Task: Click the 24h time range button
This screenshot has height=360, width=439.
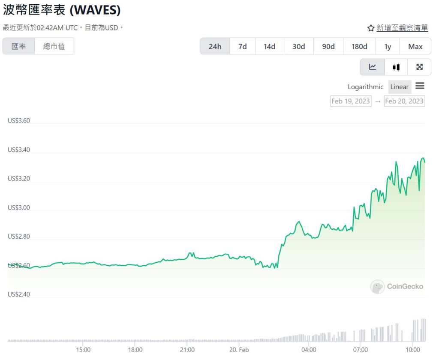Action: click(x=215, y=46)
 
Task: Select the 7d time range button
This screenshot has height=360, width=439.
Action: click(x=243, y=46)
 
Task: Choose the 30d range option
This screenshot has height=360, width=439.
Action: click(x=299, y=46)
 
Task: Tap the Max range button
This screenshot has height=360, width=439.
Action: click(x=415, y=46)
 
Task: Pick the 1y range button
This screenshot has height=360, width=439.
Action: click(x=388, y=46)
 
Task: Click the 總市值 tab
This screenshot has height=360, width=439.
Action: click(x=54, y=46)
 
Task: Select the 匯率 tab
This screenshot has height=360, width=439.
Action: click(x=18, y=46)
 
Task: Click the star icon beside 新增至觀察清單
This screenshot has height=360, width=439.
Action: click(x=371, y=28)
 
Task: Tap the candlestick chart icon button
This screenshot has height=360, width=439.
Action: click(x=396, y=67)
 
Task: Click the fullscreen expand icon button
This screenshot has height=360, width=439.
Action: click(x=419, y=67)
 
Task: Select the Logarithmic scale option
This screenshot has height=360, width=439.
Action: click(x=365, y=87)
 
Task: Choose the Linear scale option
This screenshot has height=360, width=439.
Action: click(x=399, y=87)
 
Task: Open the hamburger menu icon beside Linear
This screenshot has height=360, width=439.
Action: click(x=420, y=86)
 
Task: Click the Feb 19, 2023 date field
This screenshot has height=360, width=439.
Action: click(x=350, y=101)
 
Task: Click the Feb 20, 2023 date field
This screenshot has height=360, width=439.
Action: click(x=404, y=101)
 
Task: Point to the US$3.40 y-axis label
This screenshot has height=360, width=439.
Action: click(x=19, y=150)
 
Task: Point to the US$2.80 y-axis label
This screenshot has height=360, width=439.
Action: click(x=19, y=237)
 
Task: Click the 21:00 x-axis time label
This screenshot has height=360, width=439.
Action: click(x=187, y=349)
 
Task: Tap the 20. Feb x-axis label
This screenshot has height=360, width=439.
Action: click(x=238, y=349)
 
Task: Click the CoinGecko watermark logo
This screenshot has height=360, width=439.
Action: click(x=397, y=286)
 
